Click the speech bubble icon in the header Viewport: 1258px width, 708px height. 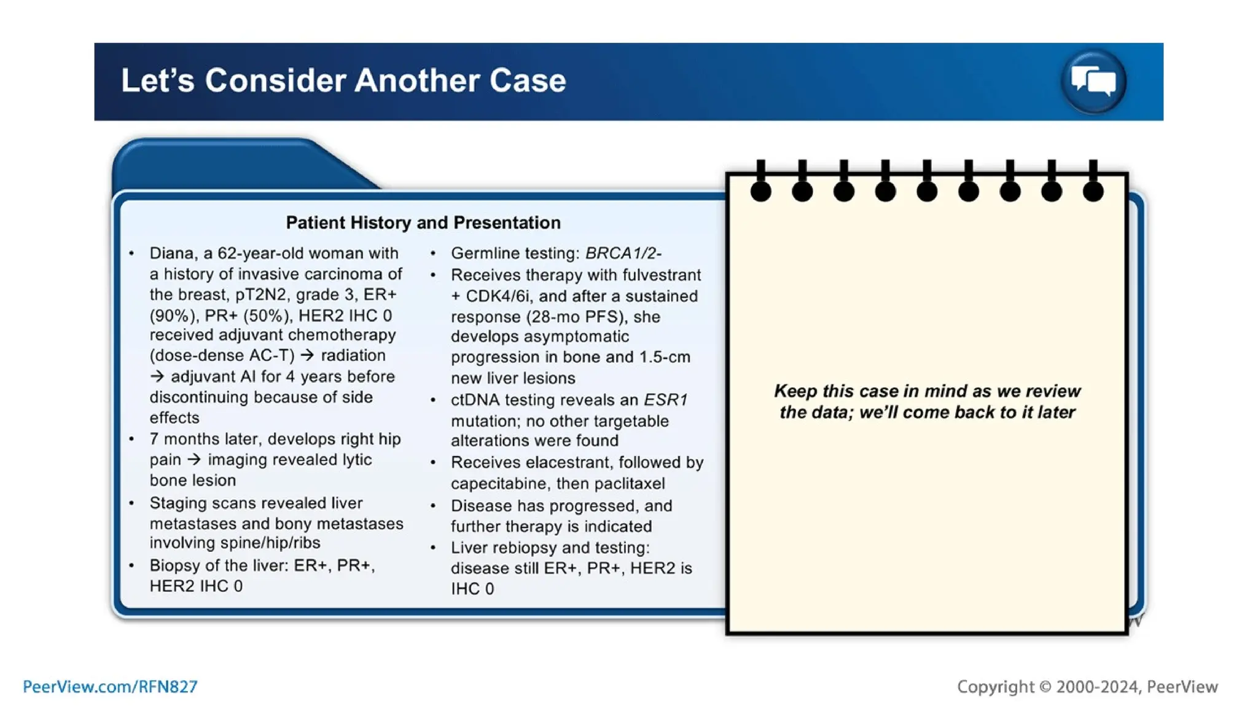point(1093,81)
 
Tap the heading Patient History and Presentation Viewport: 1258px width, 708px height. point(423,222)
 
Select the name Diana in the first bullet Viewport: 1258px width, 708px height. point(171,253)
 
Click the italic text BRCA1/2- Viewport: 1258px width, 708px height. point(623,253)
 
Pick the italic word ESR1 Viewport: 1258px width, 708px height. point(665,400)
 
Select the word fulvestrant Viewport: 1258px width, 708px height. point(662,275)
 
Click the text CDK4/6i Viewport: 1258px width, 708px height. point(498,296)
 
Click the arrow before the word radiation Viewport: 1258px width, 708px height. point(307,355)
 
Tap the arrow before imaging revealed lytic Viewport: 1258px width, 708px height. point(194,459)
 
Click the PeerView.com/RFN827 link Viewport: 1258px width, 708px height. point(110,686)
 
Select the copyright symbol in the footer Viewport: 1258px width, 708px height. point(1045,686)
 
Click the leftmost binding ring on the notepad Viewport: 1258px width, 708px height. point(760,191)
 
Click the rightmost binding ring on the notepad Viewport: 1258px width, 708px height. point(1093,191)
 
